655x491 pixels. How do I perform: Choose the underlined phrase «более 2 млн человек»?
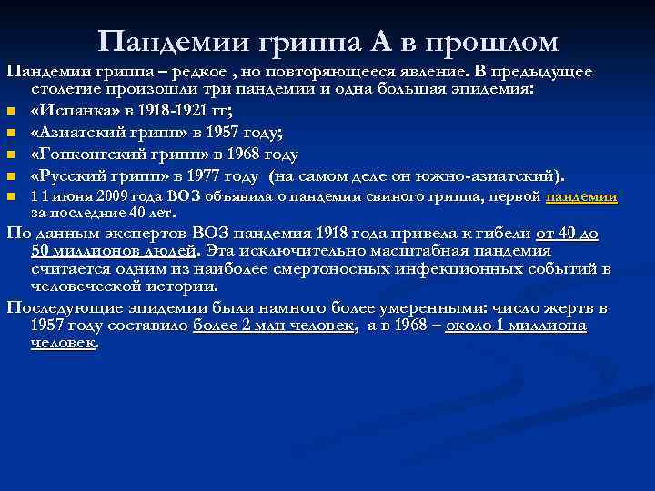click(x=273, y=326)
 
